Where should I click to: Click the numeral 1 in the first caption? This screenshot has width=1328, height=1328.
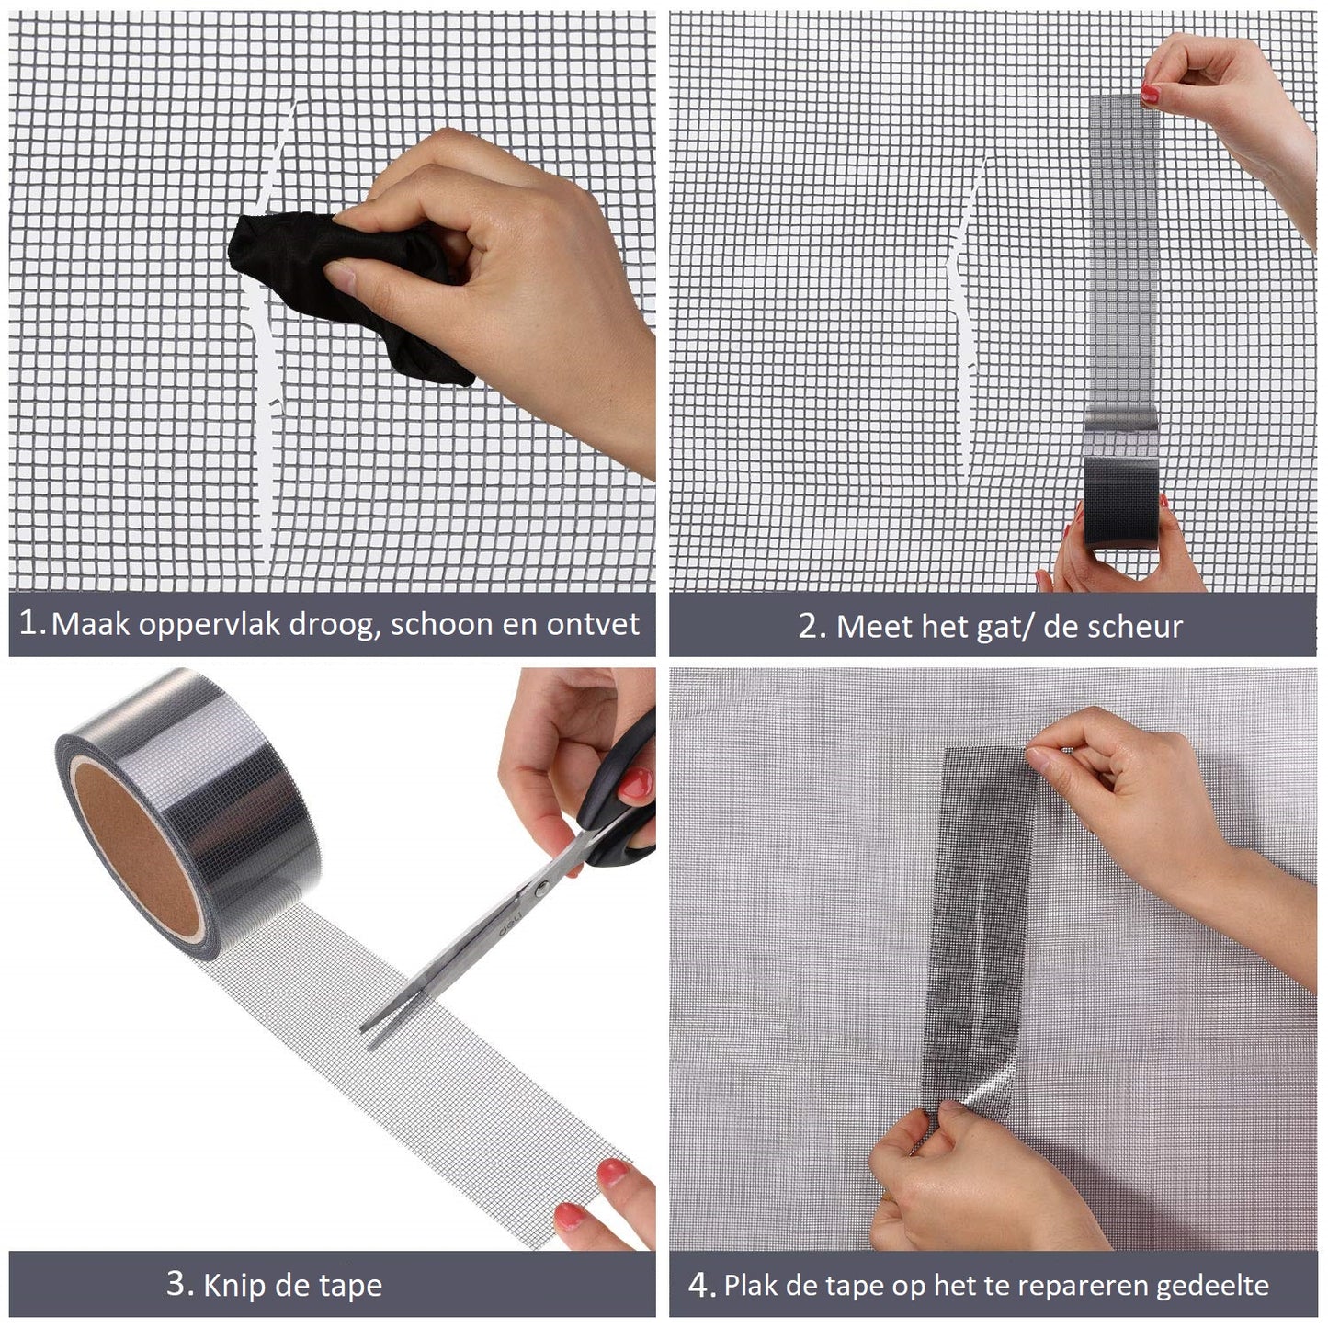tap(28, 623)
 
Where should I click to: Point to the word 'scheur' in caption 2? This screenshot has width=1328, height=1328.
tap(1138, 627)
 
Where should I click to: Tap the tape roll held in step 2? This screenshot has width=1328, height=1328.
tap(1120, 503)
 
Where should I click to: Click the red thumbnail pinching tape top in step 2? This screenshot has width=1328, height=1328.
tap(1150, 92)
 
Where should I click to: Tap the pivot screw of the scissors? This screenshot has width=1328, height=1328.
tap(541, 889)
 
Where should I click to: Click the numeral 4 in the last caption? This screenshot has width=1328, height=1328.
tap(698, 1284)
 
